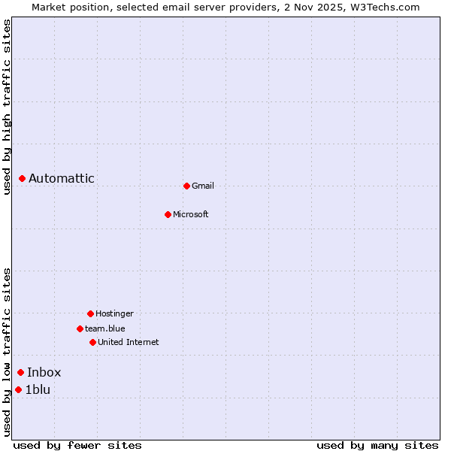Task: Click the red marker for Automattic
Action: (x=23, y=178)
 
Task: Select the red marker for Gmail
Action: (x=186, y=186)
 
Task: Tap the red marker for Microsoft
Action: (x=168, y=214)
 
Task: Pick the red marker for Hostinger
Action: (x=90, y=313)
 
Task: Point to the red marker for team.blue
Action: (x=80, y=328)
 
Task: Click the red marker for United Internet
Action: (x=92, y=342)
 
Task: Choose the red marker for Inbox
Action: (x=21, y=372)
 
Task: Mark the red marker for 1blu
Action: (x=19, y=389)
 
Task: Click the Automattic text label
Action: (x=62, y=178)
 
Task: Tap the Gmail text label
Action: (x=203, y=186)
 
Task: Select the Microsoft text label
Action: (x=191, y=214)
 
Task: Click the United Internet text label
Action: (x=129, y=342)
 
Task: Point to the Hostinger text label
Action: (x=114, y=313)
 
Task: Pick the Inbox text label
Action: (x=44, y=372)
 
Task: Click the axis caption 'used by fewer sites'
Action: (x=77, y=445)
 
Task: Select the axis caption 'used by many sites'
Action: (x=377, y=445)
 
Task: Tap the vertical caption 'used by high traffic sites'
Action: (x=7, y=107)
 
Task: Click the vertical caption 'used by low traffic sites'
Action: (x=7, y=352)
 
